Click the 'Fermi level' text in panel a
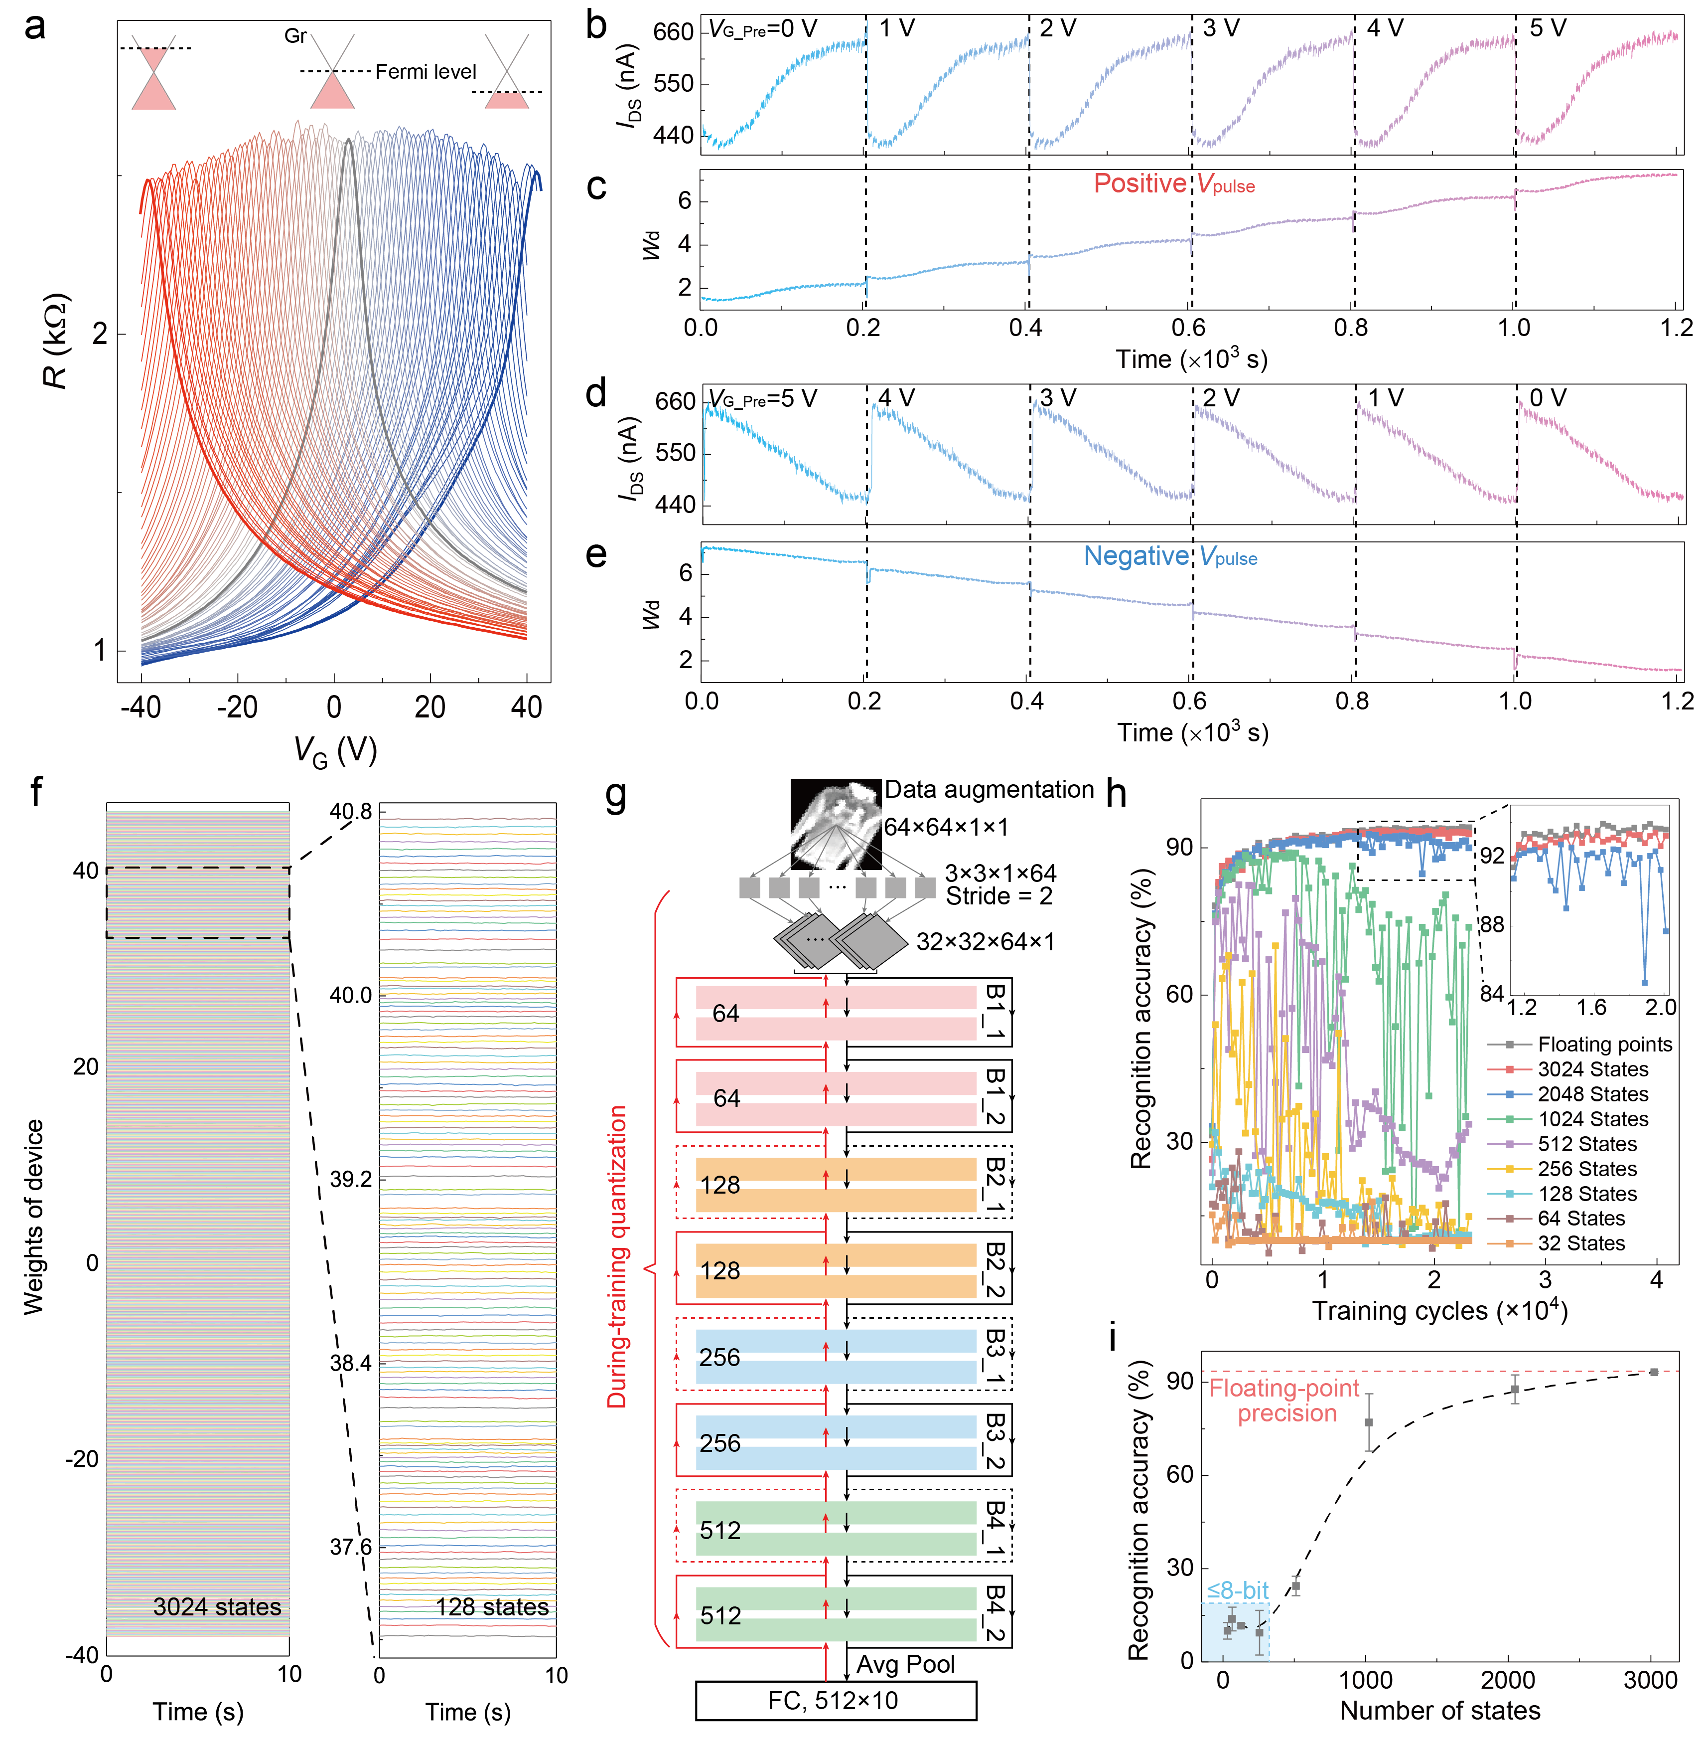[426, 72]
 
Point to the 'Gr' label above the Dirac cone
[295, 36]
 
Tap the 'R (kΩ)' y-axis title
[55, 341]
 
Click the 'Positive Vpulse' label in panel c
[1174, 184]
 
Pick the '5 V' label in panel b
[1548, 29]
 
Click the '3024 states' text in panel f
[217, 1606]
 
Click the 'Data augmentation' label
[989, 790]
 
